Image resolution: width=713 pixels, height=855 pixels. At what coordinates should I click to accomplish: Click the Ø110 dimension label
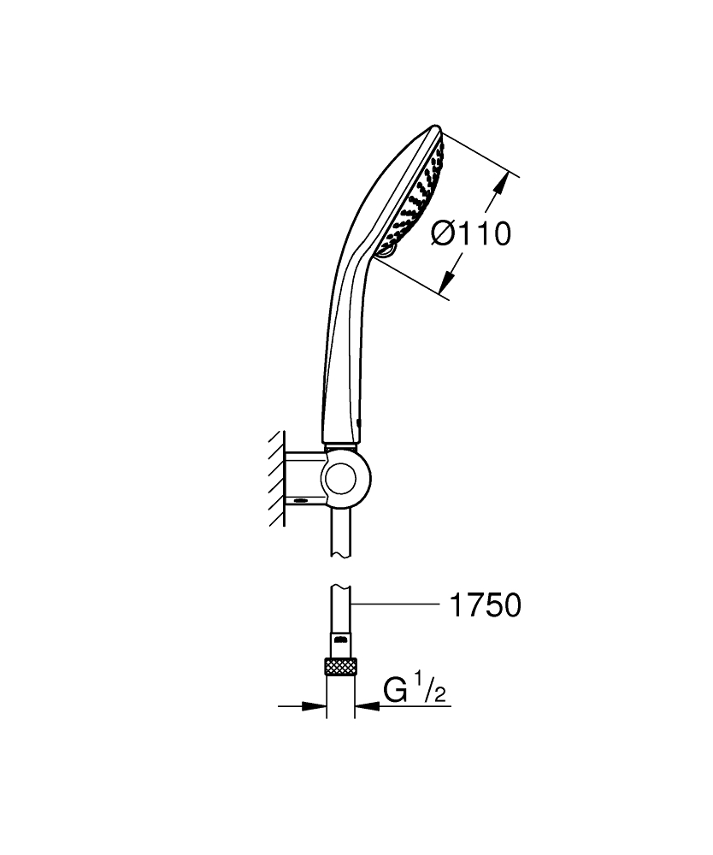[471, 234]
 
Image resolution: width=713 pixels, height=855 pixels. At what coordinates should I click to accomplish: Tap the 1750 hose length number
[485, 605]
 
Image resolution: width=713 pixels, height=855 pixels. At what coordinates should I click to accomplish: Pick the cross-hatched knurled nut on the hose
[341, 666]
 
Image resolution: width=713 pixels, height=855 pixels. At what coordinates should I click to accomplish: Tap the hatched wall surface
[278, 478]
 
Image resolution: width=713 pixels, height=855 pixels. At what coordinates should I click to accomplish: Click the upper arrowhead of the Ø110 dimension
[499, 184]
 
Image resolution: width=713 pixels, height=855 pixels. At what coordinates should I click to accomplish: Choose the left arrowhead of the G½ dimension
[314, 706]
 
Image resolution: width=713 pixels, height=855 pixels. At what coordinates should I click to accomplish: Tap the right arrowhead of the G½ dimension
[367, 706]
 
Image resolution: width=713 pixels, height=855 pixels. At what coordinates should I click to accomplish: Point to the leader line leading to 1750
[395, 603]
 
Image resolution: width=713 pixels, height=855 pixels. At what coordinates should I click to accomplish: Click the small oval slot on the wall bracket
[300, 500]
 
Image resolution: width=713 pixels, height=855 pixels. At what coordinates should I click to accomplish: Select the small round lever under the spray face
[384, 250]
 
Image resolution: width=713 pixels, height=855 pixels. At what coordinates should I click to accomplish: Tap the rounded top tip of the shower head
[434, 129]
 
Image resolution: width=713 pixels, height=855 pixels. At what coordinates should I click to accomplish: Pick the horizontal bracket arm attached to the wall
[305, 478]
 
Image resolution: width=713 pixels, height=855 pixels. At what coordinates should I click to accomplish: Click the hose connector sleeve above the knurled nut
[341, 645]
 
